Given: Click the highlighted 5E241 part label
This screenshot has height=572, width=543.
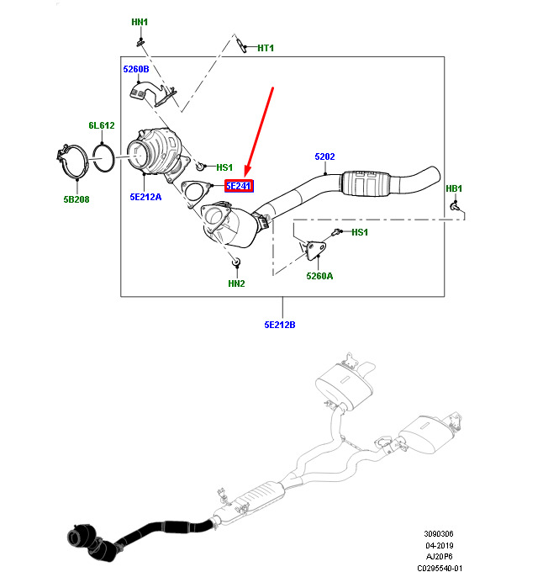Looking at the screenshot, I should click(x=240, y=187).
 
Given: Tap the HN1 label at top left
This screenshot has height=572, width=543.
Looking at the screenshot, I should click(x=140, y=22).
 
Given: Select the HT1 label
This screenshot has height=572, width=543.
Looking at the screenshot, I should click(x=266, y=48).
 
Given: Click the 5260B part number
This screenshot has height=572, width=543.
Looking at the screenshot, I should click(x=136, y=70).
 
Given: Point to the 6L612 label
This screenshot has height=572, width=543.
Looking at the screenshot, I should click(x=102, y=125).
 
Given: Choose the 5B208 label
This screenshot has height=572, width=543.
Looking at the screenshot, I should click(x=76, y=200).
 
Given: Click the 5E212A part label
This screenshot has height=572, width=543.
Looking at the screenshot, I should click(x=145, y=198).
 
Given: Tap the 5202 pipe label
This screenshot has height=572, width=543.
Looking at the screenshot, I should click(x=325, y=156).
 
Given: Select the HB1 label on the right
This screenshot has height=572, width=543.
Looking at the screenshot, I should click(x=454, y=188).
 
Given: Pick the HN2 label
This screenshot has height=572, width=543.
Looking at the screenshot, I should click(x=235, y=283).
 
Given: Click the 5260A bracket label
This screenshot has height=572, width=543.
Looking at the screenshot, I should click(x=319, y=275).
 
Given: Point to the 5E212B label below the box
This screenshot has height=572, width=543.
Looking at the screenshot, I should click(x=280, y=325).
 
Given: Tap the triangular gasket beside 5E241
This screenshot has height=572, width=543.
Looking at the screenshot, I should click(x=196, y=192).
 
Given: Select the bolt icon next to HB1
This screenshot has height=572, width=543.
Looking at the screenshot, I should click(x=455, y=205).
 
